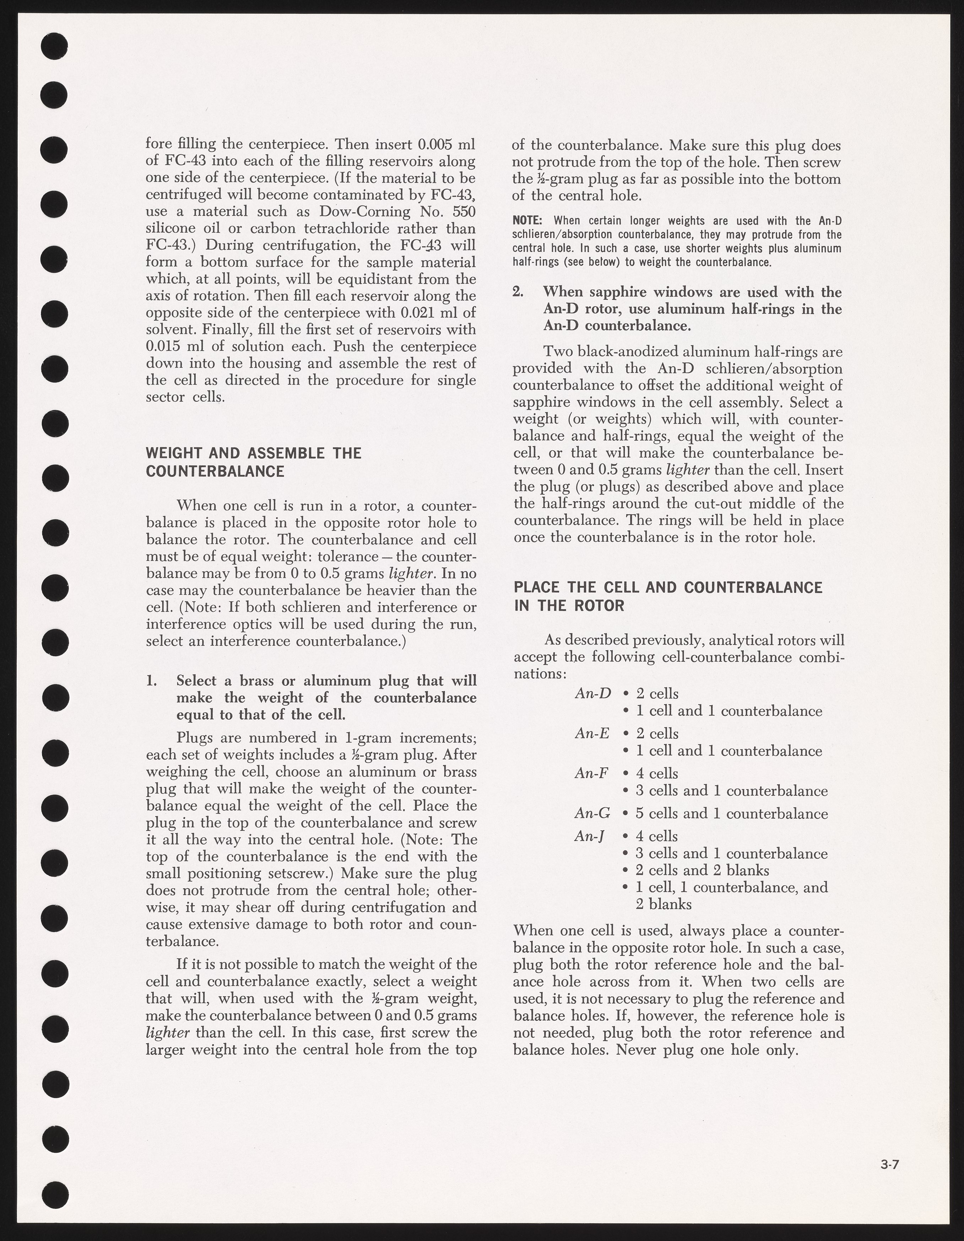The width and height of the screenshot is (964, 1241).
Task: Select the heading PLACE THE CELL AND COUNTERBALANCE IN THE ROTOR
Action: click(667, 597)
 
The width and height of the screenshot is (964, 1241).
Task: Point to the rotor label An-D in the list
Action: click(592, 693)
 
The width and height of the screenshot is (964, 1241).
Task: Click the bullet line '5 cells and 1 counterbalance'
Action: click(732, 814)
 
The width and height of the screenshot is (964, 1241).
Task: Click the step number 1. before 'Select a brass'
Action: click(152, 681)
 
